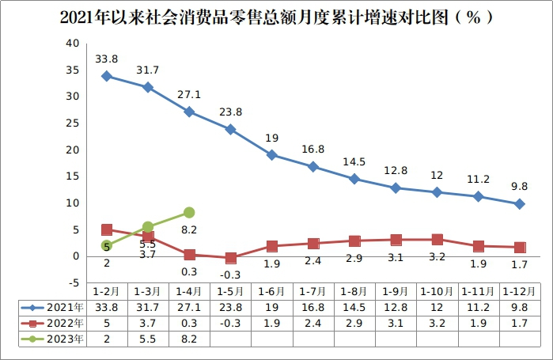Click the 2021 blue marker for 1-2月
(x=107, y=76)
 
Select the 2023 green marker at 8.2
(x=189, y=212)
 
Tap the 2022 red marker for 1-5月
(x=230, y=258)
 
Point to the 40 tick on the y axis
(x=72, y=43)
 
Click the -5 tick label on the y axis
(x=71, y=282)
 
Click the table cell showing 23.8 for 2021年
(x=230, y=307)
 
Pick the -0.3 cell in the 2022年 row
(x=230, y=323)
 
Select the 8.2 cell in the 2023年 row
(x=189, y=339)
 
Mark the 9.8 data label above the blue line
(x=519, y=186)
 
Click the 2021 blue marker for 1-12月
(x=519, y=203)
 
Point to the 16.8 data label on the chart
(x=312, y=148)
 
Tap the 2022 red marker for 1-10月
(x=437, y=239)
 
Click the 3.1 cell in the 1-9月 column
(x=396, y=323)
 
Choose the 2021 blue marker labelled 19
(x=271, y=155)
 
